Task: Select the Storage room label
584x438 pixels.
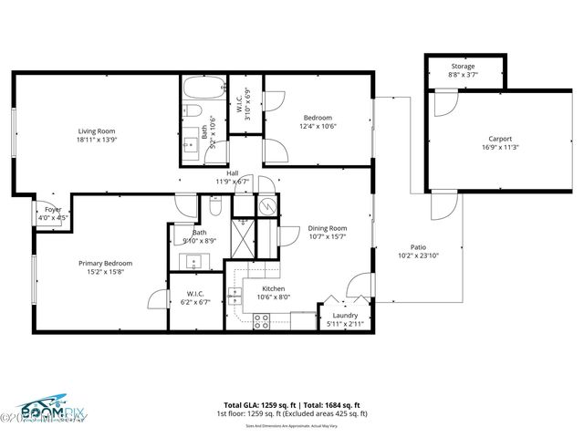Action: tap(464, 67)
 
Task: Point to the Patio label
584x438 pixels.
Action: tap(419, 246)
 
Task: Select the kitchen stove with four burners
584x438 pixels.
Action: tap(260, 320)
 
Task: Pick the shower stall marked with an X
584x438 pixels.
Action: tap(244, 240)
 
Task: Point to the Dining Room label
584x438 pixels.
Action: tap(327, 228)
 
